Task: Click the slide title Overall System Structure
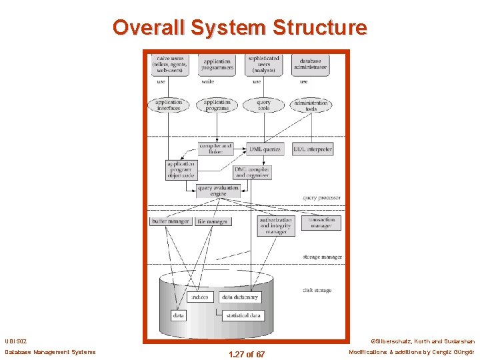click(x=239, y=27)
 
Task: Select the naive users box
click(x=169, y=63)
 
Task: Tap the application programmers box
click(x=217, y=65)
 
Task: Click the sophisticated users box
click(x=263, y=63)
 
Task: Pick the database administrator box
click(x=310, y=65)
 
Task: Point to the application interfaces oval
click(x=169, y=105)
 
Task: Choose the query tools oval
click(x=263, y=105)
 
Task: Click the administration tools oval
click(x=311, y=105)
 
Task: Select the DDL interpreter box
click(x=313, y=149)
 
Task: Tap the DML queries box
click(x=265, y=149)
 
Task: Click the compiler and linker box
click(x=216, y=149)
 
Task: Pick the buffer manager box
click(x=171, y=221)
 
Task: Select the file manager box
click(x=213, y=221)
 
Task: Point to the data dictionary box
click(x=240, y=297)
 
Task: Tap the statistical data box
click(x=242, y=315)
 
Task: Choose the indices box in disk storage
click(x=199, y=297)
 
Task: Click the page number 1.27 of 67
click(x=246, y=354)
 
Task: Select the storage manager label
click(x=322, y=257)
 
